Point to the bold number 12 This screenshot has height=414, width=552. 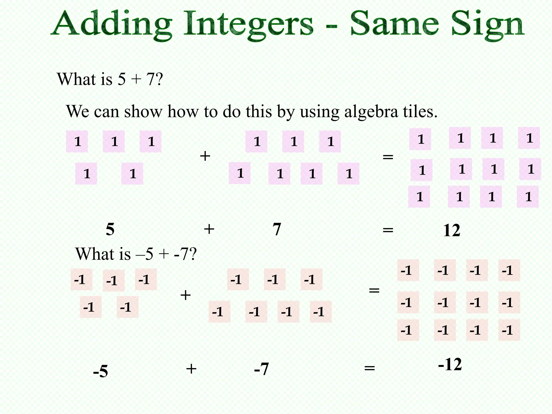(x=451, y=231)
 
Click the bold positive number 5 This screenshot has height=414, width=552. (x=110, y=230)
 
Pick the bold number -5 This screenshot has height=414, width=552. (x=101, y=371)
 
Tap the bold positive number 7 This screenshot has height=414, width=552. (x=277, y=230)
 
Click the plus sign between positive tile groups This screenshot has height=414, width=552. (x=205, y=156)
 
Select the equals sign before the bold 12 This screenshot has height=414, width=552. (x=388, y=230)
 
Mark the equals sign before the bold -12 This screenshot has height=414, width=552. (x=370, y=368)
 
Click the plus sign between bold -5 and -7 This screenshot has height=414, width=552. (x=191, y=369)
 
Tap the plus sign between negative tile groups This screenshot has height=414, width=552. (x=185, y=295)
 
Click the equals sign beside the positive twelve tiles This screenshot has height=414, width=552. (x=388, y=157)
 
